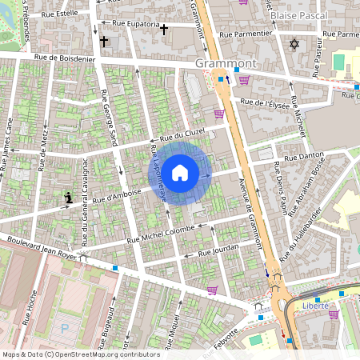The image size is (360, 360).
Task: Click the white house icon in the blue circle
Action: [x=180, y=172]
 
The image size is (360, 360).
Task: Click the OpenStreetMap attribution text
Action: [x=82, y=354]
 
